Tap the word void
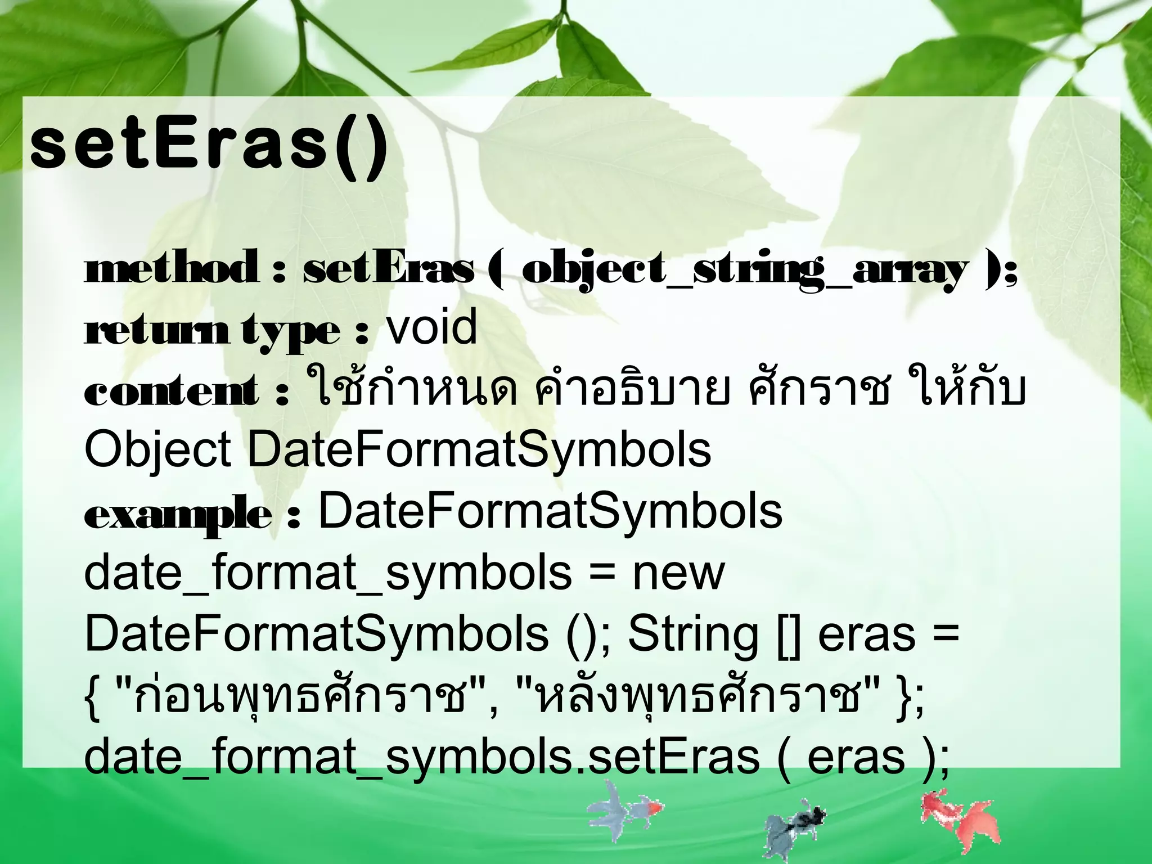point(431,328)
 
